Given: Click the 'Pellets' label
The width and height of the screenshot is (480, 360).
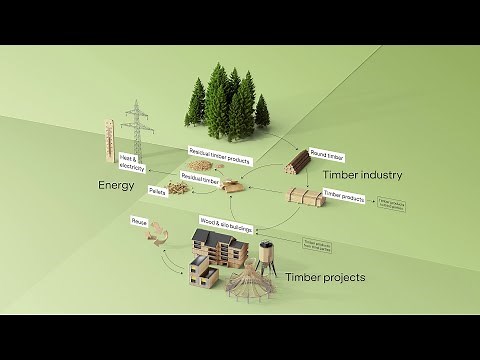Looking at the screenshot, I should (156, 187).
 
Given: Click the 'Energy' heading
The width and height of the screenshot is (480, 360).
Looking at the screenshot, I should (116, 186).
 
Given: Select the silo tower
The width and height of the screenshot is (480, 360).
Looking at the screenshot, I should (267, 260).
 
